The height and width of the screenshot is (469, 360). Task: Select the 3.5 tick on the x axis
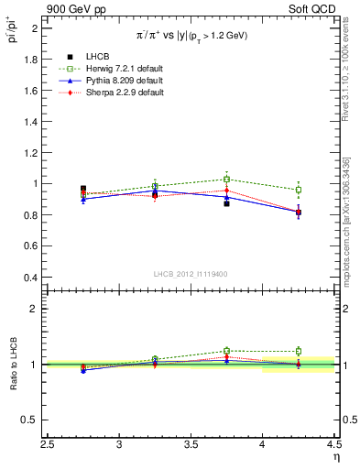point(191,446)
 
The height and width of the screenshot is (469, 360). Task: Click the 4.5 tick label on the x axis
point(333,446)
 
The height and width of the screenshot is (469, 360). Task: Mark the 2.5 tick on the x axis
point(49,446)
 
